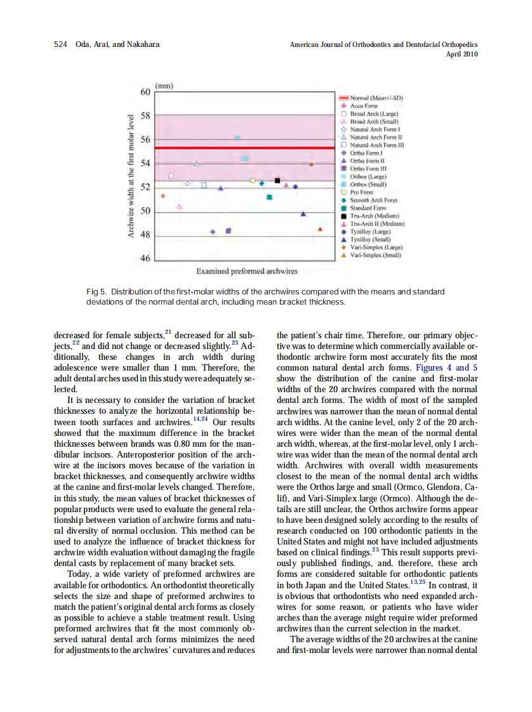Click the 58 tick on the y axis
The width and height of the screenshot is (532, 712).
[x=145, y=115]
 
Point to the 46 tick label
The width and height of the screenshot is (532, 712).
[x=145, y=259]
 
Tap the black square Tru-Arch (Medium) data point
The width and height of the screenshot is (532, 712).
[x=277, y=181]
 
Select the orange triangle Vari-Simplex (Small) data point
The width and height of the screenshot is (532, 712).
[x=320, y=229]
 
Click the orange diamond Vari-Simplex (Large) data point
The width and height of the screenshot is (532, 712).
[x=311, y=164]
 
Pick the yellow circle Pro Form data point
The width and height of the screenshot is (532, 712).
[x=253, y=181]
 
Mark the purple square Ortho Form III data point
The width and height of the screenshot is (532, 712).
[x=229, y=231]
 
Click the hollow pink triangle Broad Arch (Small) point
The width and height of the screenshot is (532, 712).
[x=180, y=207]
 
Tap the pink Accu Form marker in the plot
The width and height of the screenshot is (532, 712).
[x=163, y=195]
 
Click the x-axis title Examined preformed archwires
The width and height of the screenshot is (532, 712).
[x=247, y=271]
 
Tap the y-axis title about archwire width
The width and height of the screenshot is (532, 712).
[x=130, y=176]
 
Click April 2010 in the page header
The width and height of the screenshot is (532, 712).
[x=462, y=54]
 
